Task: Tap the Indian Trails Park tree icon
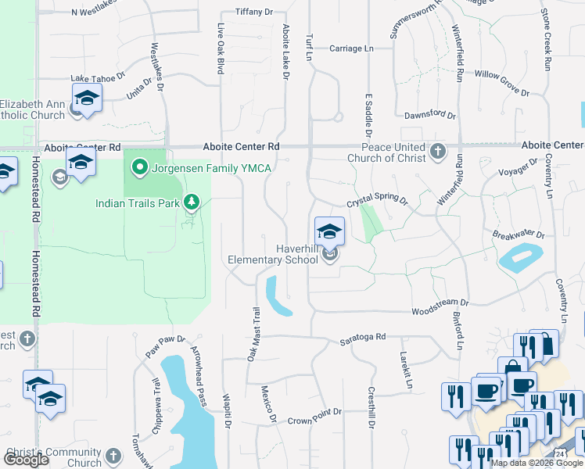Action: point(192,203)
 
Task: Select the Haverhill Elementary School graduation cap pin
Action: point(329,231)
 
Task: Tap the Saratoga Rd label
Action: point(362,338)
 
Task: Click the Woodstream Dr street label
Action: point(440,303)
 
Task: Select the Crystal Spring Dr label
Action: point(378,199)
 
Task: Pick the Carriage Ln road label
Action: point(351,48)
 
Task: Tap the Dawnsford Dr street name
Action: point(429,114)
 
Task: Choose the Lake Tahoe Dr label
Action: point(98,78)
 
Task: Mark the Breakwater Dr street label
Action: point(518,234)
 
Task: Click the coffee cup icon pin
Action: point(486,389)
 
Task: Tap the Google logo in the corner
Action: point(25,460)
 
